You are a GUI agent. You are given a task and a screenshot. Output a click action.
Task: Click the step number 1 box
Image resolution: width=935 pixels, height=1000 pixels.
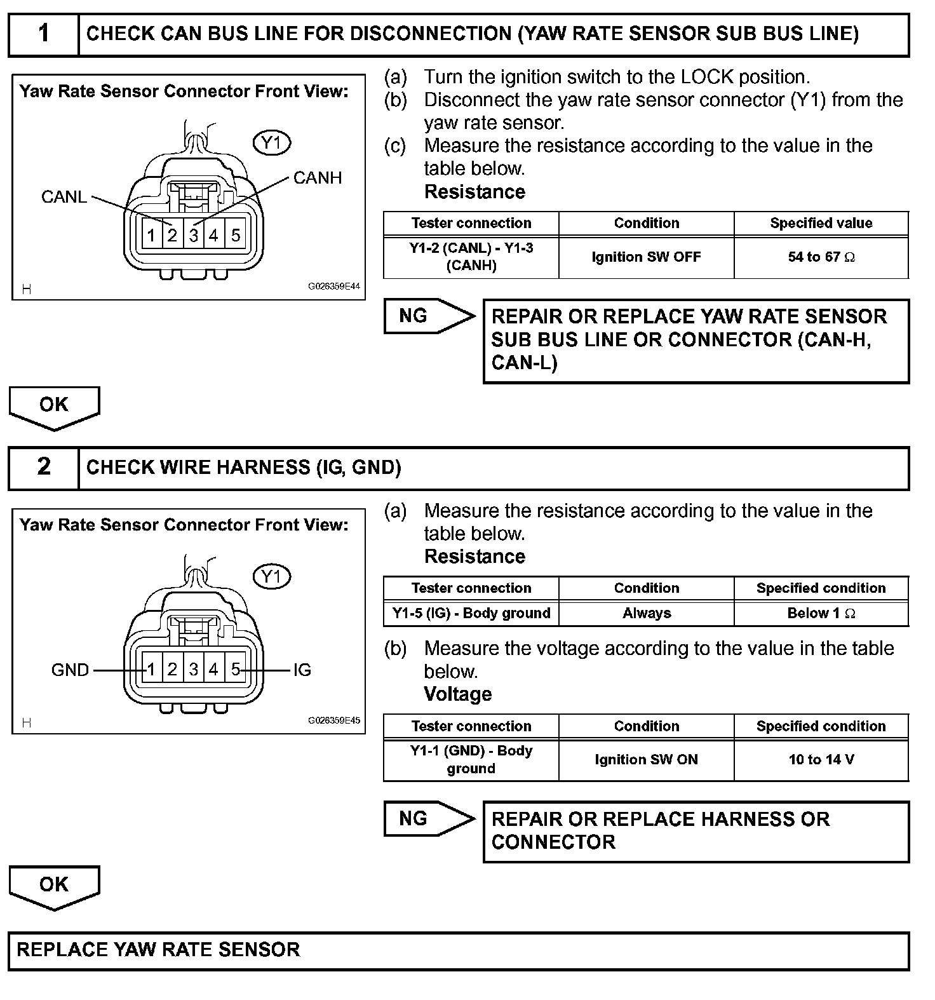pyautogui.click(x=43, y=34)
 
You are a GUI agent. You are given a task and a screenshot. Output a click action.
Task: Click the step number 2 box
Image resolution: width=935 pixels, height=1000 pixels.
pyautogui.click(x=43, y=468)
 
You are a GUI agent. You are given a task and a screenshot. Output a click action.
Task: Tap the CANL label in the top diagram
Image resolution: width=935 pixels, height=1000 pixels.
pyautogui.click(x=64, y=197)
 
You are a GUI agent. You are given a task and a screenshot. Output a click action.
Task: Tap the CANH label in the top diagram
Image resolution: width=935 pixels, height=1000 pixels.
pyautogui.click(x=317, y=178)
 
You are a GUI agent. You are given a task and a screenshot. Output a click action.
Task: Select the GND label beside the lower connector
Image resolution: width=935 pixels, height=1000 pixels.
pyautogui.click(x=70, y=670)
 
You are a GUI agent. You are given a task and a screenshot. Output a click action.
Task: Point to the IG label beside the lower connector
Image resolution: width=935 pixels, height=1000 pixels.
pyautogui.click(x=302, y=670)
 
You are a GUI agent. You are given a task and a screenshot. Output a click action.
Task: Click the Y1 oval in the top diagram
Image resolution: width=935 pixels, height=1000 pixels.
pyautogui.click(x=272, y=143)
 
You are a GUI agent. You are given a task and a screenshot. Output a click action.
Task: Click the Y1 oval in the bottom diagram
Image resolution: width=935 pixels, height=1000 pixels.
pyautogui.click(x=272, y=577)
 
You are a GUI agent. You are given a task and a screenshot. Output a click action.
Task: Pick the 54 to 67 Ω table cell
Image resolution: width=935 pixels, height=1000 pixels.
pyautogui.click(x=821, y=257)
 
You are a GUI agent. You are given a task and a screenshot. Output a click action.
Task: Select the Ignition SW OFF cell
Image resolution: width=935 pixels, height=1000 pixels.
pyautogui.click(x=646, y=257)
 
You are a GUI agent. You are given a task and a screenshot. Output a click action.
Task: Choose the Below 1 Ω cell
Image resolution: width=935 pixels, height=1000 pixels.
pyautogui.click(x=821, y=614)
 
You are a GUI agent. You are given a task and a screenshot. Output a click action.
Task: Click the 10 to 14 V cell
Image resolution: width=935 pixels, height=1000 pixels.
pyautogui.click(x=821, y=760)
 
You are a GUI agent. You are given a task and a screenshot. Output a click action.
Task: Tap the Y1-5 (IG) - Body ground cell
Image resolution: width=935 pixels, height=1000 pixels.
pyautogui.click(x=471, y=614)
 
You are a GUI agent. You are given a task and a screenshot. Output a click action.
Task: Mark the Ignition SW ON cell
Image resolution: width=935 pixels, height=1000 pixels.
pyautogui.click(x=646, y=760)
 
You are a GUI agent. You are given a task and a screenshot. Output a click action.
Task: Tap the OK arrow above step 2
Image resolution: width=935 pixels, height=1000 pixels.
pyautogui.click(x=54, y=407)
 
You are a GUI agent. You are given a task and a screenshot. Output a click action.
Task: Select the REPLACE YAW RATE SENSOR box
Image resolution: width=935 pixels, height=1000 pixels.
pyautogui.click(x=458, y=950)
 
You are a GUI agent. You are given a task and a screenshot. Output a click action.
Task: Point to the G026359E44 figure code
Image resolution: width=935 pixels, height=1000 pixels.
pyautogui.click(x=334, y=287)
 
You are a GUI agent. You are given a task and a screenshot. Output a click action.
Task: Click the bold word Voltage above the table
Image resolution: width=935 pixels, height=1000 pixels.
pyautogui.click(x=457, y=694)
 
